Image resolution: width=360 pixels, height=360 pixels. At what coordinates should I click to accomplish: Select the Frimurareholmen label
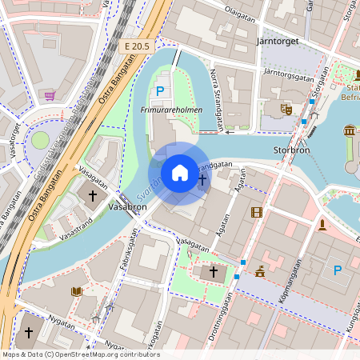(x=170, y=110)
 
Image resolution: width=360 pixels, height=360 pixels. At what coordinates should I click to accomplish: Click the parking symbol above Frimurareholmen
(x=160, y=91)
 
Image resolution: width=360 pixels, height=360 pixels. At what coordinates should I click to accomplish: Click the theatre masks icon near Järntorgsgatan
(x=286, y=109)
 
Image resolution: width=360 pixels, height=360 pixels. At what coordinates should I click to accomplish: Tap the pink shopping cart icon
(x=50, y=95)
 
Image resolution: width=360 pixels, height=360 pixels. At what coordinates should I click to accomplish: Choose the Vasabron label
(x=126, y=206)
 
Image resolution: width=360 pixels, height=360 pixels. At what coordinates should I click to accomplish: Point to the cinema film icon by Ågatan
(x=256, y=212)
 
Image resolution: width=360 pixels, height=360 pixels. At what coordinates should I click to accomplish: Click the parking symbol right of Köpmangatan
(x=337, y=270)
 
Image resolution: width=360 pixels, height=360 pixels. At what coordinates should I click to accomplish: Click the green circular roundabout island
(x=40, y=141)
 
